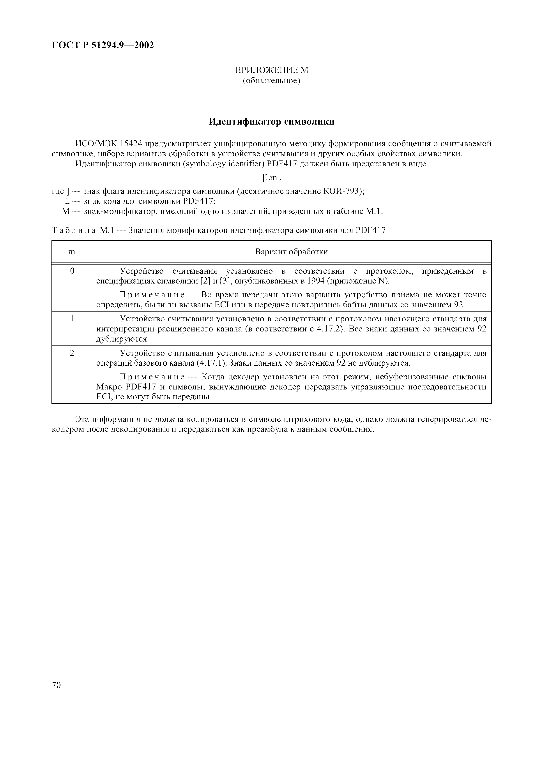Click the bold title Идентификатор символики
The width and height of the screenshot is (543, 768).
point(271,122)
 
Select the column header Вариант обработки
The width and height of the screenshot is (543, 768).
point(291,252)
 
